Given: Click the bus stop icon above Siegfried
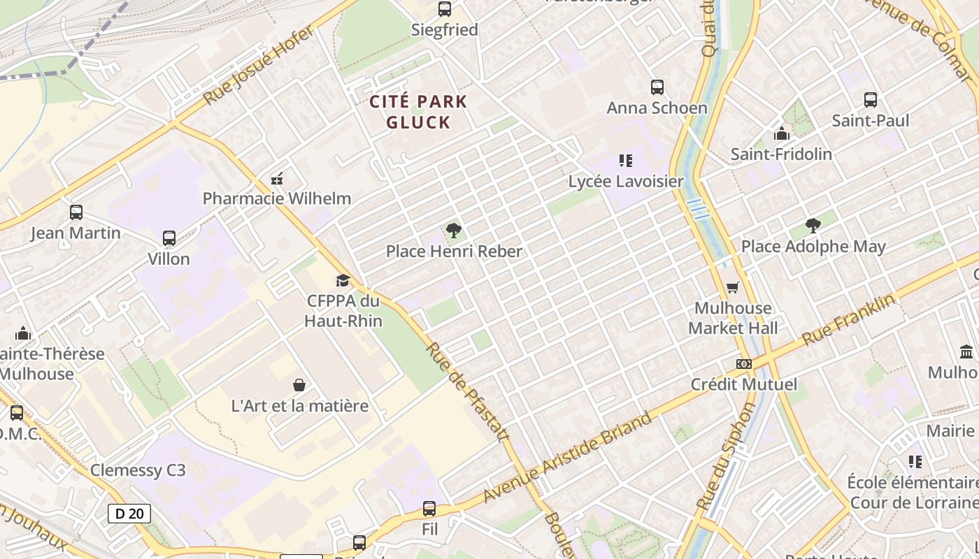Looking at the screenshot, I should [x=445, y=9].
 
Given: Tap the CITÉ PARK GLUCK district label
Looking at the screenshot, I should [x=418, y=112].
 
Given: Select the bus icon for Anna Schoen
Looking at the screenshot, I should [x=657, y=87].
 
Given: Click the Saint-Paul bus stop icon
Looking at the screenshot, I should [x=870, y=100].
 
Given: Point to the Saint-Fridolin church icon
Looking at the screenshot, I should [x=781, y=133].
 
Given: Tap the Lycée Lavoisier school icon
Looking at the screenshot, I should [x=625, y=161].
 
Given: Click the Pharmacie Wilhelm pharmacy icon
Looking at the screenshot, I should [x=277, y=179].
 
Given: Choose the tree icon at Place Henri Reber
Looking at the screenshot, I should [x=454, y=230].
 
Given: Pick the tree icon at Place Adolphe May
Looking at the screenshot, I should [x=813, y=225].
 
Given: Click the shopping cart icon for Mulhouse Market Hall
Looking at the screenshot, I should [x=732, y=287].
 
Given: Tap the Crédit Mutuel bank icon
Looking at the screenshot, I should [x=743, y=364].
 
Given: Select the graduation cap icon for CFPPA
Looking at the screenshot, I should [x=342, y=280].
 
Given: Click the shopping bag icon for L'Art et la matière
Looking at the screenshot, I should [x=299, y=385].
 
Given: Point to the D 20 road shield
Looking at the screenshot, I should [x=129, y=514].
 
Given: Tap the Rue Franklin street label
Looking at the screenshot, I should [x=848, y=319].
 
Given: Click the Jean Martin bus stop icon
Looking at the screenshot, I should [x=76, y=212].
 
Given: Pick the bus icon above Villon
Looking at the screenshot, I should [x=169, y=238].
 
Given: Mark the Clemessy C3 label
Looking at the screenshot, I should [x=138, y=470].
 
